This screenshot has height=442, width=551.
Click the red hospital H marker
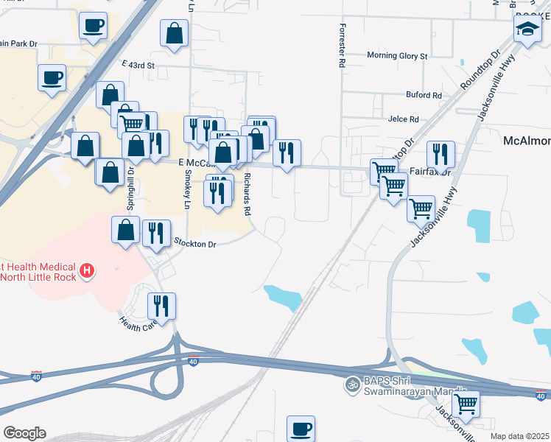coord(87,271)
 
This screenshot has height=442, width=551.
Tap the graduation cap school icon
coord(527,30)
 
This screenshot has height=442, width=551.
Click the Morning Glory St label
coord(397,56)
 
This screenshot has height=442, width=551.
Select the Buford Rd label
coord(424,95)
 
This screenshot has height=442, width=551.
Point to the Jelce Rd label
coord(402,119)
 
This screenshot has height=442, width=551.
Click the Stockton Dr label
coord(195,243)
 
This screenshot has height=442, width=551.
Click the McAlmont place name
coord(526,141)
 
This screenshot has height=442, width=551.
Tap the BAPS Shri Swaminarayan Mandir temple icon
coord(351,384)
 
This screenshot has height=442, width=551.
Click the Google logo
coord(24,433)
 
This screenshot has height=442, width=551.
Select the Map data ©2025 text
coord(520,436)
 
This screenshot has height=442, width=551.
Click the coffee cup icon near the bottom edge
coord(301,428)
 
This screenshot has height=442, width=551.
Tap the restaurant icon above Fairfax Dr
coord(441,153)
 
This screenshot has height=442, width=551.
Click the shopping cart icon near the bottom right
coord(466,403)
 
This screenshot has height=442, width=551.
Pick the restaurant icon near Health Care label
coord(162,304)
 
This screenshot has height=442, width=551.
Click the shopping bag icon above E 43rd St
coord(174,32)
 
